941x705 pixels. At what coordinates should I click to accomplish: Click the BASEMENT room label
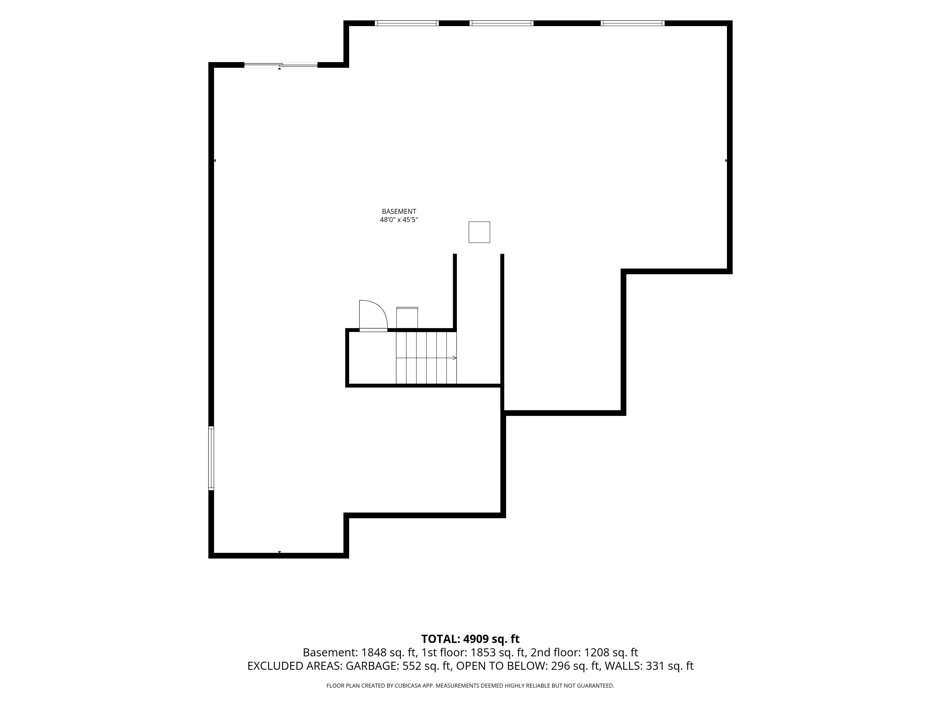coord(399,211)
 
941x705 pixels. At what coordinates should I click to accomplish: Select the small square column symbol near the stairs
coord(479,232)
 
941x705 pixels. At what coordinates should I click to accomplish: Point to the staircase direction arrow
coord(426,358)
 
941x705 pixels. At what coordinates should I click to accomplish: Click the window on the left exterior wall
coord(211,458)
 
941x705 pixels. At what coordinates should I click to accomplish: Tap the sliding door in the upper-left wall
coord(281,65)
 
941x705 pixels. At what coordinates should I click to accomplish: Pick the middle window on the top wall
coord(501,23)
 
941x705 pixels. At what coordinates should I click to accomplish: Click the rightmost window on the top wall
coord(633,23)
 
